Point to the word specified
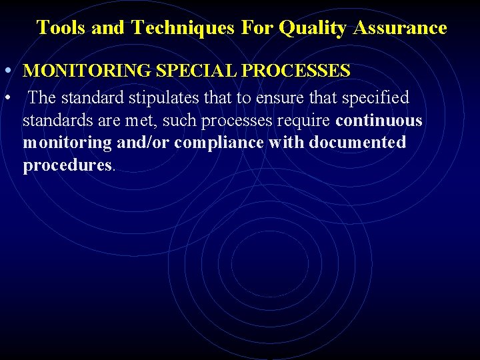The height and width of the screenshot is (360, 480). point(375,98)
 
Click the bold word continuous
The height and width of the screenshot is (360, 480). point(379,121)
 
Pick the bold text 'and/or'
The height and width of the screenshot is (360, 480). point(143,143)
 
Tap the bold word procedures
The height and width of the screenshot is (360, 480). point(67,166)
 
